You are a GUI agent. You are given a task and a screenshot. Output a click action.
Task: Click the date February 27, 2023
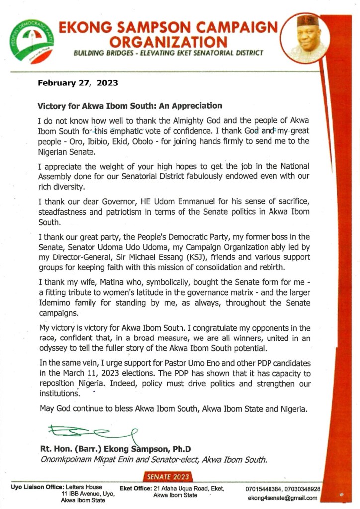pos(78,83)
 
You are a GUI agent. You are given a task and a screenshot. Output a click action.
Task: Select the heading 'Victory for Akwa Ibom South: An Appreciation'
pos(130,106)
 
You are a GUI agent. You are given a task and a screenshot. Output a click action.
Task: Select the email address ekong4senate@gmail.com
pos(283,497)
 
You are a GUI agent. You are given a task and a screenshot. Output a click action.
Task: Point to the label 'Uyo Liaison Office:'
pos(35,487)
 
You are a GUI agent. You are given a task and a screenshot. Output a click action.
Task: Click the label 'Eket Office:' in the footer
pos(136,489)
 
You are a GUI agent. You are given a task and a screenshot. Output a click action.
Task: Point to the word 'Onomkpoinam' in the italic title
pos(63,460)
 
